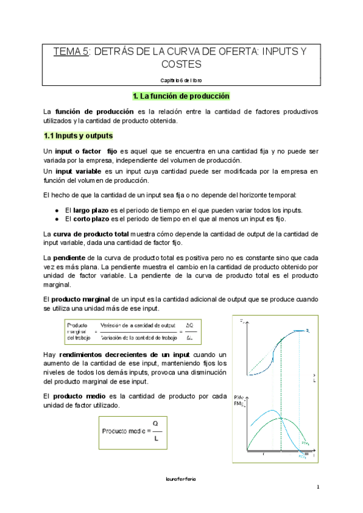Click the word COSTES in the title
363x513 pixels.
pyautogui.click(x=181, y=64)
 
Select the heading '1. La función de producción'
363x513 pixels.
pyautogui.click(x=181, y=96)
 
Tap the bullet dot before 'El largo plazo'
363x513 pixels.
pyautogui.click(x=56, y=209)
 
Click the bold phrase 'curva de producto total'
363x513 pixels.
pyautogui.click(x=90, y=234)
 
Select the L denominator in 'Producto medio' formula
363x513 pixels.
pyautogui.click(x=156, y=439)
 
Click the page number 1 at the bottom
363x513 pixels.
pyautogui.click(x=317, y=487)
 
